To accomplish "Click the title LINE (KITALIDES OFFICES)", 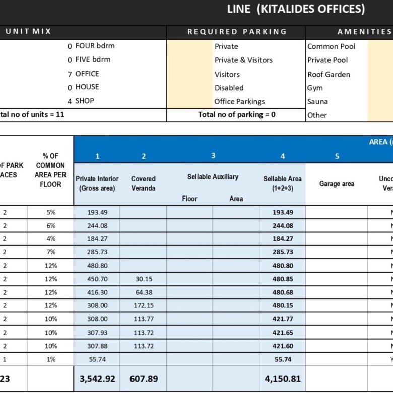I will [296, 9].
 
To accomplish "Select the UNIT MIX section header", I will [28, 32].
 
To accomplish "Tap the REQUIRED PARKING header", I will [237, 32].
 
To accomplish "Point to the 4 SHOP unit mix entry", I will [81, 101].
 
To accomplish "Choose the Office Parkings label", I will [239, 101].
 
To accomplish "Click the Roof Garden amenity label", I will [329, 74].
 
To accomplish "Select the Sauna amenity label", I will [317, 101].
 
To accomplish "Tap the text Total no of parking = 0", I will [236, 114].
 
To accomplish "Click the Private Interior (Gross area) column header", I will [97, 183].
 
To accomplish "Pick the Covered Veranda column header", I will [143, 183].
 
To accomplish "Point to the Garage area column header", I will [337, 184].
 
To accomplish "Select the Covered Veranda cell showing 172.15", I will [143, 305].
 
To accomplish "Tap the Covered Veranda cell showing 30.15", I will [143, 279].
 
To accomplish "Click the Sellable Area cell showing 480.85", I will [283, 279].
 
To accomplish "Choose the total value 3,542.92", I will [97, 378].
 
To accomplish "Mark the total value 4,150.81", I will [283, 378].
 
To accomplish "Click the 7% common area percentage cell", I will [50, 252].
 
